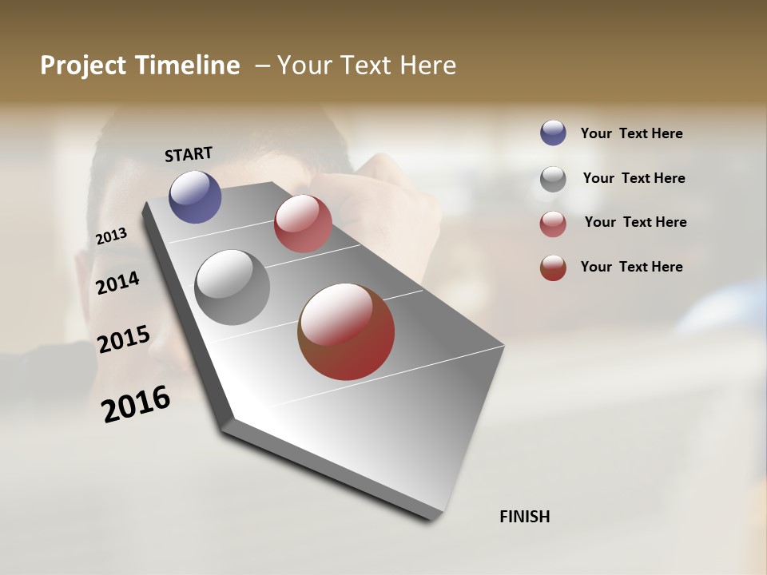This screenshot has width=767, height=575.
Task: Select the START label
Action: tap(189, 154)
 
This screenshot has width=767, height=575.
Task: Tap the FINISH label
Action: tap(525, 517)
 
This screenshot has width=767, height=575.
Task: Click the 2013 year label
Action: tap(112, 236)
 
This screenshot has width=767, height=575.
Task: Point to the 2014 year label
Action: tap(118, 283)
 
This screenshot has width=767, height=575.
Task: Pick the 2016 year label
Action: tap(137, 404)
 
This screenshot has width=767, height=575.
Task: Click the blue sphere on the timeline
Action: tap(196, 196)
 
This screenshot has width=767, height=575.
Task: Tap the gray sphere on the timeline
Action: tap(232, 287)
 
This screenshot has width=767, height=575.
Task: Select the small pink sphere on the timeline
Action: tap(303, 224)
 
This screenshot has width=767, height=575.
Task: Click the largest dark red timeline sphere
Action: tap(346, 331)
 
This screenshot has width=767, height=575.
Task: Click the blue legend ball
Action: tap(553, 133)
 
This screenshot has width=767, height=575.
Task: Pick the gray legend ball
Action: tap(553, 178)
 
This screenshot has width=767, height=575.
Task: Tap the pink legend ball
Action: tap(553, 224)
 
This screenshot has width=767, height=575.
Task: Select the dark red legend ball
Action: tap(553, 268)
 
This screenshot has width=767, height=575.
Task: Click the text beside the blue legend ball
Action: tap(632, 134)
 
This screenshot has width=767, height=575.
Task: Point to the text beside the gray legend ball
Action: tap(634, 178)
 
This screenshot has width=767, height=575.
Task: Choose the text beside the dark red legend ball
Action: tap(632, 267)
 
